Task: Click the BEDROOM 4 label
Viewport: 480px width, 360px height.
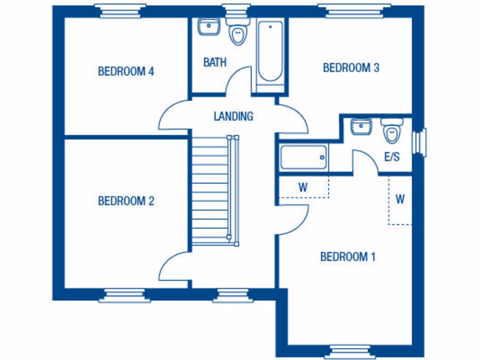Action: coord(126,72)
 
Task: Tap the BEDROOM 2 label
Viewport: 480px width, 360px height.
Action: coord(126,201)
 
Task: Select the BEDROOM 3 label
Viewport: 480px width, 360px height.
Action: coord(351,68)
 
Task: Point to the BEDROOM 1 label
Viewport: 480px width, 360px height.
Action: coord(348,257)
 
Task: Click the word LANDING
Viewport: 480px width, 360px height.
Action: coord(233,116)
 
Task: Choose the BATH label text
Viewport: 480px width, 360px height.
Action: coord(215,62)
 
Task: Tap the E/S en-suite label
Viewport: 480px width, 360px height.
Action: coord(392,157)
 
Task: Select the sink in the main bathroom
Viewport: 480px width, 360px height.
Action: coord(209,27)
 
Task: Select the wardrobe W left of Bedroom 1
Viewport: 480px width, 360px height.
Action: coord(303,188)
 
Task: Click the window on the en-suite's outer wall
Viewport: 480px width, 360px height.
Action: coord(420,142)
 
